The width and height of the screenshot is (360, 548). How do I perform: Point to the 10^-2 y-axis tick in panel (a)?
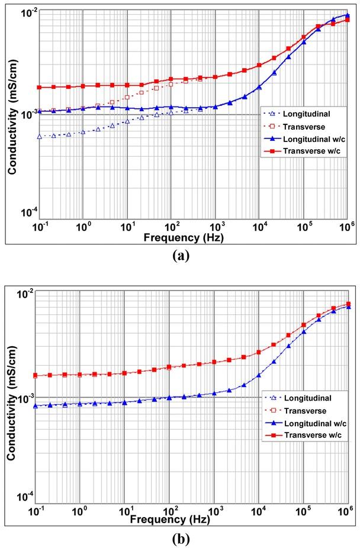tap(28, 12)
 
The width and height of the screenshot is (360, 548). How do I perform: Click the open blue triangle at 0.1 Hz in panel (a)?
tap(40, 137)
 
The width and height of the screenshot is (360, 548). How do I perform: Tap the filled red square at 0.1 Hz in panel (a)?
tap(40, 88)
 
